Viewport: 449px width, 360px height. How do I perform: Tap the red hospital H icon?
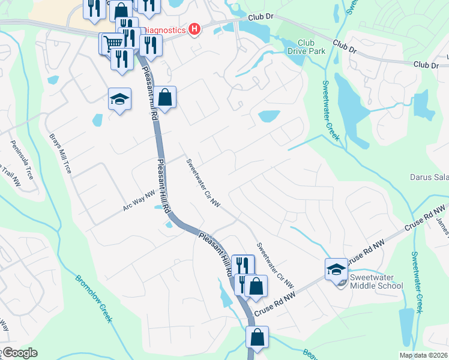coord(194,29)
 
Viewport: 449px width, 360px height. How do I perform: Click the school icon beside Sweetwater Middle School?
coord(336,269)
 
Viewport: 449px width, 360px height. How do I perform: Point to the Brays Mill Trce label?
coord(61,154)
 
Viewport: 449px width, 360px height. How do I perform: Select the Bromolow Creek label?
coord(94,299)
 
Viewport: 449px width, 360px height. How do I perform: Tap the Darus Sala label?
coord(429,177)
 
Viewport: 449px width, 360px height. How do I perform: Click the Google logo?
coord(19,353)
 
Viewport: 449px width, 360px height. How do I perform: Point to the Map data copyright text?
coord(423,355)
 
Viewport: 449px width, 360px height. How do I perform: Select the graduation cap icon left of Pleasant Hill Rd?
coord(119,99)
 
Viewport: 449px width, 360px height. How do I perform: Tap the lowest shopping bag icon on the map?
coord(258,337)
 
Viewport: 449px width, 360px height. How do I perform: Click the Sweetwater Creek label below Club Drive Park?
coord(331,110)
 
